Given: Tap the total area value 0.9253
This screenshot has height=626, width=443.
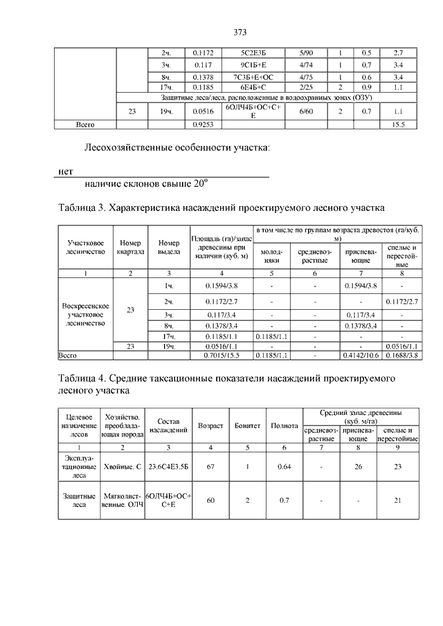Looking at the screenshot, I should [203, 124].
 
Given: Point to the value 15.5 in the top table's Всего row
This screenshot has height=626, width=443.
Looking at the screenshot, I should [398, 124].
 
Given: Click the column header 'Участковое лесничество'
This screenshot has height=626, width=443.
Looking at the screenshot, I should [86, 248].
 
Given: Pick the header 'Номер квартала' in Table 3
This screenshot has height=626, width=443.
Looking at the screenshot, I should [130, 248].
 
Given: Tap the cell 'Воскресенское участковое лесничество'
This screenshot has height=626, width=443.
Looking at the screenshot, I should [86, 311].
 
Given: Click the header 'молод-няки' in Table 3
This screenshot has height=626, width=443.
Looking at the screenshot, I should [271, 257].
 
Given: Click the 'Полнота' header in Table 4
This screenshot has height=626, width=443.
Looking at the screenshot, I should [284, 426].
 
